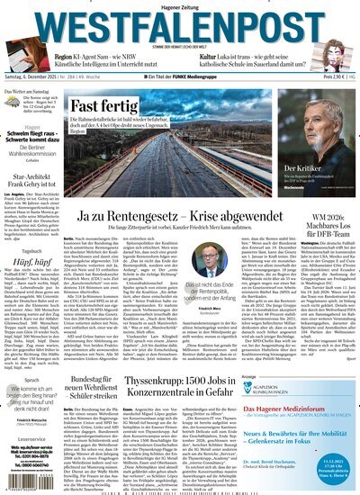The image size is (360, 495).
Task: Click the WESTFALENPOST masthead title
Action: (x=179, y=22)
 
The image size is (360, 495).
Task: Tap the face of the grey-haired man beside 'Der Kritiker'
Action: (x=316, y=130)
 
